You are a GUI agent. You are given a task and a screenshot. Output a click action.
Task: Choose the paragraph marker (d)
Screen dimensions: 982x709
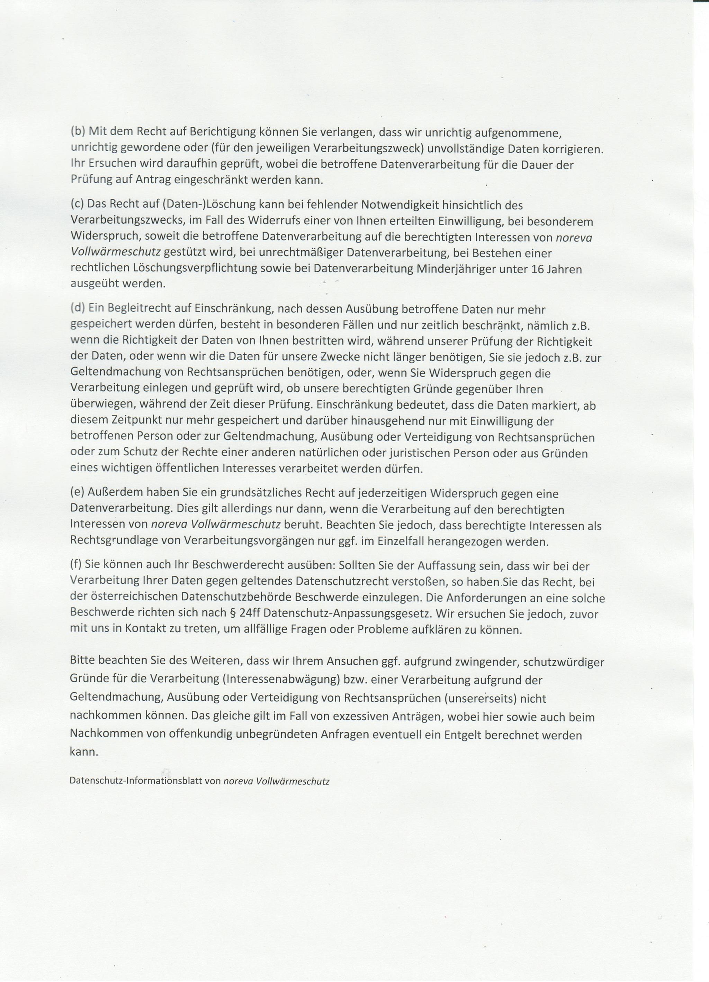pyautogui.click(x=78, y=309)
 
